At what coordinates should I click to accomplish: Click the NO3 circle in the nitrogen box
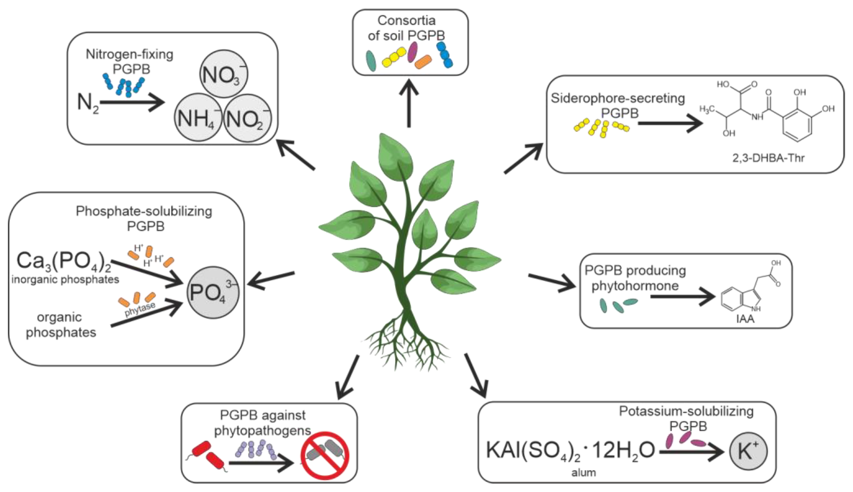click(x=224, y=74)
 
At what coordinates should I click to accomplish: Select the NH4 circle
click(x=198, y=117)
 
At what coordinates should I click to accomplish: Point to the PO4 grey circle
click(x=213, y=292)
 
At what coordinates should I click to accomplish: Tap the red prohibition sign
click(x=325, y=455)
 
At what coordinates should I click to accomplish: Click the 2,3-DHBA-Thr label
click(x=768, y=158)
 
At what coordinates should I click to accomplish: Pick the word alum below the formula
click(x=583, y=472)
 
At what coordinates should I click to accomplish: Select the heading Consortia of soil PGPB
click(x=406, y=28)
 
